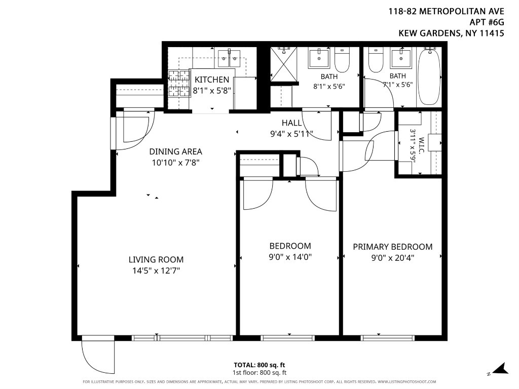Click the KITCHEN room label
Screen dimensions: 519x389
(x=212, y=80)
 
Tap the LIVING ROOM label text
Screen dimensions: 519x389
(x=156, y=260)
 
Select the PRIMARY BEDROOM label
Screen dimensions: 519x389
(x=393, y=247)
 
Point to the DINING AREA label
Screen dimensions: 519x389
(x=175, y=151)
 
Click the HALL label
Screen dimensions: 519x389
(x=291, y=123)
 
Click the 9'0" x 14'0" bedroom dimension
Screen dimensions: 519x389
(x=290, y=257)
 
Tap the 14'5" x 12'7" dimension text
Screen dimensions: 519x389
(x=156, y=271)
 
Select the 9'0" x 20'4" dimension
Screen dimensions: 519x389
(x=393, y=258)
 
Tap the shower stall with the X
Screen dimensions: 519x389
(x=284, y=64)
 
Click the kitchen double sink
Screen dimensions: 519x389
(x=229, y=59)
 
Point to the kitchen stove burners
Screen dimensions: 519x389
(x=179, y=84)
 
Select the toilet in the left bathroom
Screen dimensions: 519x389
(x=342, y=60)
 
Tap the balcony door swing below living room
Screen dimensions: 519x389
(x=98, y=355)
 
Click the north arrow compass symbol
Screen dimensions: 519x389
(x=501, y=369)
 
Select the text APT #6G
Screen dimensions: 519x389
(x=487, y=22)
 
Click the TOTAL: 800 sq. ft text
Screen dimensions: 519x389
(x=259, y=365)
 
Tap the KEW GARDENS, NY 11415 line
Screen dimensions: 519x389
(x=451, y=33)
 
